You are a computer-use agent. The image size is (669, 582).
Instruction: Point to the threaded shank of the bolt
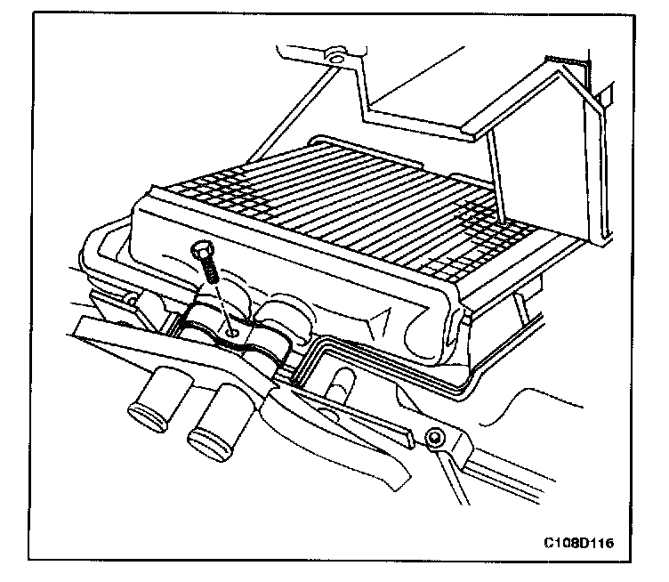click(212, 271)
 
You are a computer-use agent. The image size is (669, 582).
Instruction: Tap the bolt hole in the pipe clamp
click(231, 330)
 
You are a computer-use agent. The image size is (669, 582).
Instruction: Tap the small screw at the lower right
click(435, 439)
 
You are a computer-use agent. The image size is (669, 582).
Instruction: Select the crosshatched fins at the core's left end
click(191, 191)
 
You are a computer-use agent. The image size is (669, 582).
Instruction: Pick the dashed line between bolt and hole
click(222, 303)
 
